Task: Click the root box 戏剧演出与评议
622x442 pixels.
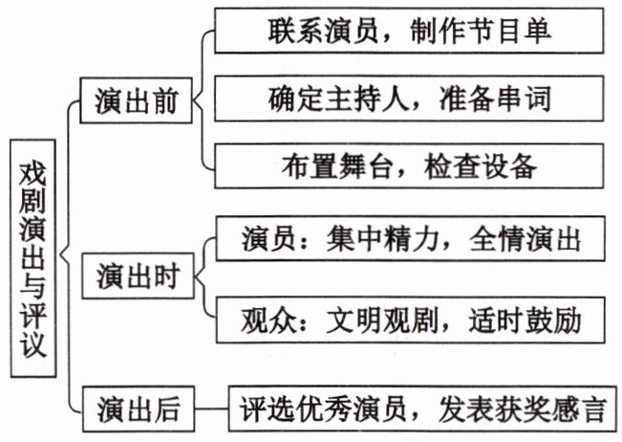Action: coord(32,258)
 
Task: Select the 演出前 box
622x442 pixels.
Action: coord(136,100)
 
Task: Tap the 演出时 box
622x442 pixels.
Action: coord(138,276)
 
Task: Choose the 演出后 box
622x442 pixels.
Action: coord(139,409)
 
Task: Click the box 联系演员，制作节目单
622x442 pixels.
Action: coord(409,31)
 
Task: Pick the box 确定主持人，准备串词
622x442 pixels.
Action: coord(409,99)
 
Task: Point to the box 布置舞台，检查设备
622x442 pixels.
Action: coord(409,166)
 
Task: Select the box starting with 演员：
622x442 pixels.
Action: coord(411,238)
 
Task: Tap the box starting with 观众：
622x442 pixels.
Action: coord(411,320)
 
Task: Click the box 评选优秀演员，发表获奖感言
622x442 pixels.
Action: coord(422,409)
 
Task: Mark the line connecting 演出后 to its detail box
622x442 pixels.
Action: coord(211,409)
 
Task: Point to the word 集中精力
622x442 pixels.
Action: coord(383,239)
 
